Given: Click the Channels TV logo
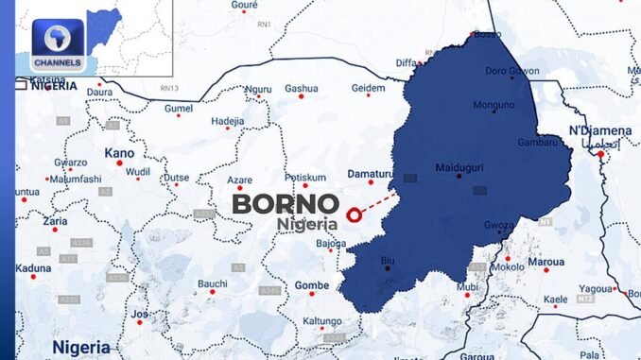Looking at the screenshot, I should tap(58, 45).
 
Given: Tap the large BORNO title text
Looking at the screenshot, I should tap(286, 203).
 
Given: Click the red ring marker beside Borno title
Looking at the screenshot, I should tap(355, 215).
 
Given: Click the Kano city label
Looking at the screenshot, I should tap(119, 152).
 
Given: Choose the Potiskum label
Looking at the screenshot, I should tap(305, 177).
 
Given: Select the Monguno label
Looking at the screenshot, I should tap(494, 104).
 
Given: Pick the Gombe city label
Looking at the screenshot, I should tap(312, 284).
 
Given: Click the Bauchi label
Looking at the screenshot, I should tap(212, 283).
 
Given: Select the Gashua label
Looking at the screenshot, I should tap(302, 87).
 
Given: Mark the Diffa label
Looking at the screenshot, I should tap(406, 63).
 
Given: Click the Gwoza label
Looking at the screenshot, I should tap(498, 226).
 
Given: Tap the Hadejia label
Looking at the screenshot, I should tap(227, 121).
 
